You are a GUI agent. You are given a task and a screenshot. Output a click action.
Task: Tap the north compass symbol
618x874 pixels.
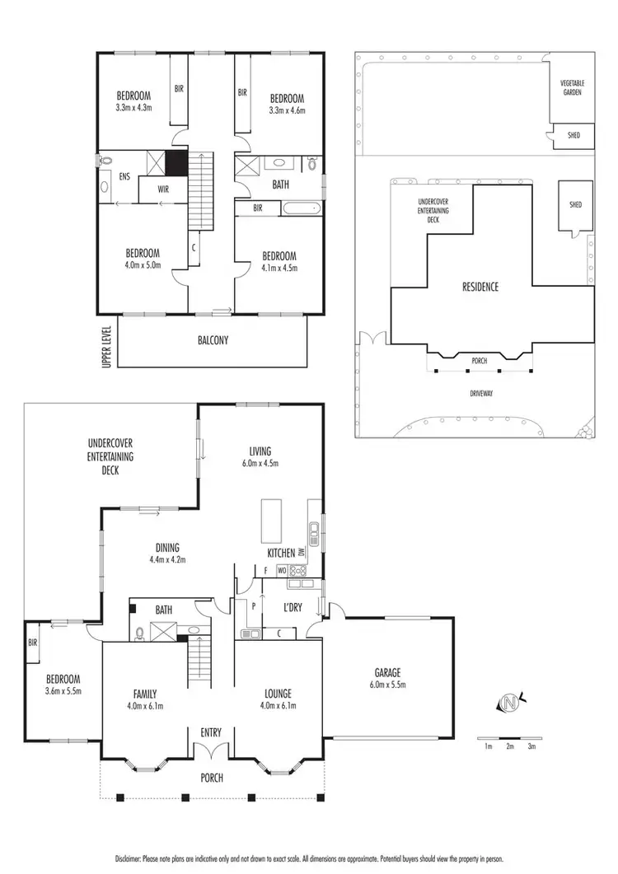pyautogui.click(x=510, y=703)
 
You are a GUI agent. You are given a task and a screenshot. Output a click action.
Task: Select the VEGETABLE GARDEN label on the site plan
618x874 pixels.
pyautogui.click(x=571, y=88)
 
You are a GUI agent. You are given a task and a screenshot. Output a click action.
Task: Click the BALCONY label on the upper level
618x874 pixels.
pyautogui.click(x=213, y=339)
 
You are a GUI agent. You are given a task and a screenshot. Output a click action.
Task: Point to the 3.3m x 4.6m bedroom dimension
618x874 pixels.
pyautogui.click(x=287, y=110)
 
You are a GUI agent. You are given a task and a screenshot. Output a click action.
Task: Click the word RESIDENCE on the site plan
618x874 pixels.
pyautogui.click(x=480, y=287)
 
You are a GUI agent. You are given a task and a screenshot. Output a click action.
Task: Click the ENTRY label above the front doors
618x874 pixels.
pyautogui.click(x=212, y=732)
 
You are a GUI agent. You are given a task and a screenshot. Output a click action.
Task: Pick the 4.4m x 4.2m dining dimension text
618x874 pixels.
pyautogui.click(x=167, y=560)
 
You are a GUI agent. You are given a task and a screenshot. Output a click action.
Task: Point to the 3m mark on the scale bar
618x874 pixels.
pyautogui.click(x=531, y=746)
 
